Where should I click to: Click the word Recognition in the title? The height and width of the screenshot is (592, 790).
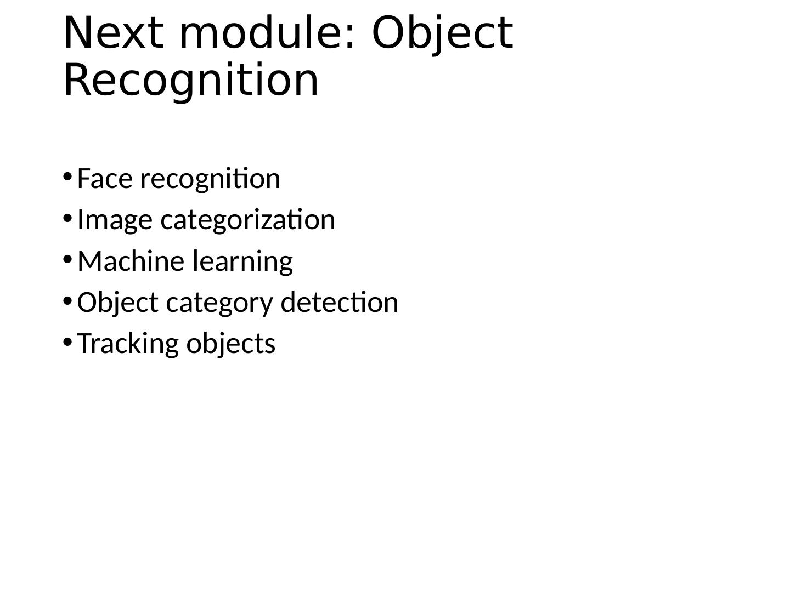[191, 81]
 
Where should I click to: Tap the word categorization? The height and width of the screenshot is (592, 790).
[247, 220]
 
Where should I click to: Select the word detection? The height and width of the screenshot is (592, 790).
[339, 302]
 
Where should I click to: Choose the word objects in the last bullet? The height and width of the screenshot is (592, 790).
[230, 344]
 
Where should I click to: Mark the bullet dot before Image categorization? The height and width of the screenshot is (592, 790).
[67, 218]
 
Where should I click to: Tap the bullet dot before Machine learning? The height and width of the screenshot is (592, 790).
[67, 259]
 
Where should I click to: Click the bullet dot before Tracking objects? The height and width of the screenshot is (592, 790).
[67, 341]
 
